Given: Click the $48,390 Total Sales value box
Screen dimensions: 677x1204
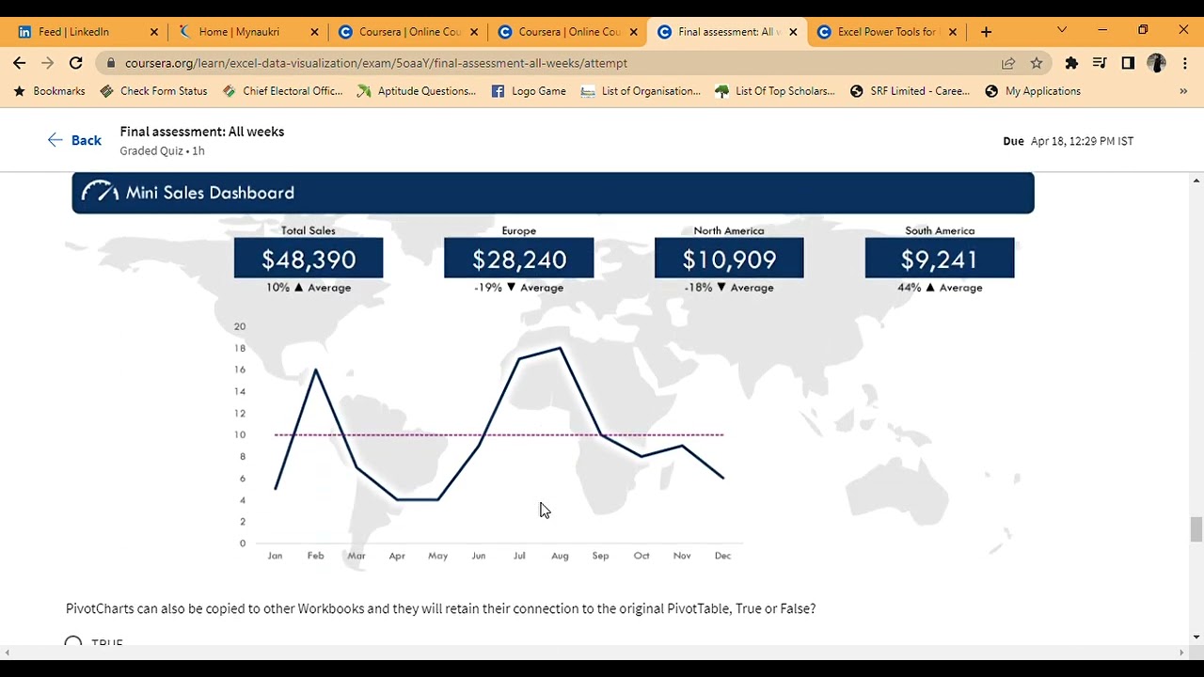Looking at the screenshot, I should click(x=309, y=260).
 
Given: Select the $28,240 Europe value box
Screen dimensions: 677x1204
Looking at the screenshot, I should click(x=518, y=260).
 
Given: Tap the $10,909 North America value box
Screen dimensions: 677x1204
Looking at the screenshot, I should click(x=729, y=260).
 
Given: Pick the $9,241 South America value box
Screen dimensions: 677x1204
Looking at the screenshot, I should click(x=939, y=260).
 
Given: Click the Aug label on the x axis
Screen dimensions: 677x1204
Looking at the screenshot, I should click(x=560, y=556).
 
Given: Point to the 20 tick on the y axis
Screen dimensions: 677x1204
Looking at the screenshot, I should click(x=240, y=326).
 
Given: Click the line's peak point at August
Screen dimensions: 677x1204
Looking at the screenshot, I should click(x=561, y=349).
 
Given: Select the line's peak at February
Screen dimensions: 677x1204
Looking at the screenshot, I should click(x=315, y=370).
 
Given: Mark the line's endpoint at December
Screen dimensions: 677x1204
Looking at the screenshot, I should click(x=722, y=478).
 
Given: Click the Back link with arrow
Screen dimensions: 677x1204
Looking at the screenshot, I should click(x=74, y=140).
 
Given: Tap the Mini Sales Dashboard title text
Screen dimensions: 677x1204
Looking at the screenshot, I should click(x=210, y=193).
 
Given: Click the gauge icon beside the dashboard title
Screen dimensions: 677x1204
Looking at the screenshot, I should click(x=100, y=192).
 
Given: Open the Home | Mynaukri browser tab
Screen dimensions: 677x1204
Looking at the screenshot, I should click(x=239, y=32).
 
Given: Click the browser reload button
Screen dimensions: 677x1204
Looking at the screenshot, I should click(x=76, y=63).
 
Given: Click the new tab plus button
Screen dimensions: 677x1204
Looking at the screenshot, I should click(x=986, y=32).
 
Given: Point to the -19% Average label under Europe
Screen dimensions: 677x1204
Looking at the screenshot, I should click(x=518, y=288).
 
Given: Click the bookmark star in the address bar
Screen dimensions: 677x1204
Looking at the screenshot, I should click(x=1037, y=63).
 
